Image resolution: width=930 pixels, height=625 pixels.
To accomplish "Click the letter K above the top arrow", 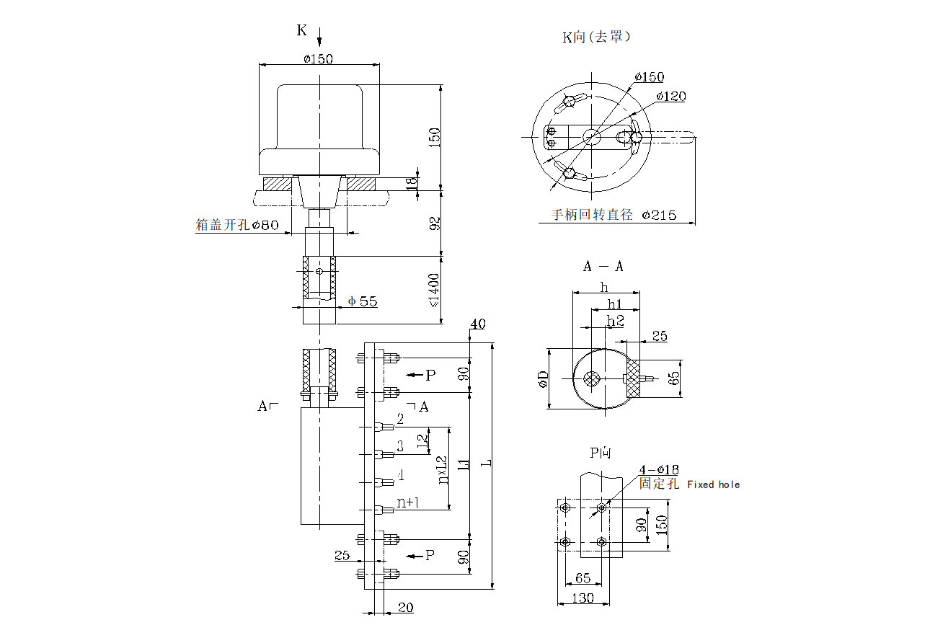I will click(x=302, y=30).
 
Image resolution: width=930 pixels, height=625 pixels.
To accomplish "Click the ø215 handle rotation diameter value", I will click(x=659, y=215).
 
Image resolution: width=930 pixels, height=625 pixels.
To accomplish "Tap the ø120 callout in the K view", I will click(x=671, y=96).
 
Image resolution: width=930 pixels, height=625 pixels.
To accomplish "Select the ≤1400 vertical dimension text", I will click(x=435, y=291).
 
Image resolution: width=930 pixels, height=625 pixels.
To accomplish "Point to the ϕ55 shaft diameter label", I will click(x=363, y=301).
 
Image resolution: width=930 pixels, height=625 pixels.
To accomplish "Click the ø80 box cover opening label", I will click(x=265, y=225).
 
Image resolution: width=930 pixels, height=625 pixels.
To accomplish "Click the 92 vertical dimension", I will click(x=435, y=223).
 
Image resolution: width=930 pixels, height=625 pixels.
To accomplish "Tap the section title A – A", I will click(x=603, y=267).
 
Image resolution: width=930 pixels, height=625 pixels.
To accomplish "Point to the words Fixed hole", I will click(x=713, y=484).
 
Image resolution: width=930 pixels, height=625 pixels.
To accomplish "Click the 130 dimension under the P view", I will click(x=583, y=598).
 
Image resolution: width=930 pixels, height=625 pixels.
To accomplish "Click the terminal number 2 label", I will click(x=400, y=420).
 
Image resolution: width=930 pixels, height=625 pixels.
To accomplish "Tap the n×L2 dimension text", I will click(x=442, y=469).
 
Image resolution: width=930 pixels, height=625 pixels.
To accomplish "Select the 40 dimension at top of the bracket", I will click(x=477, y=324).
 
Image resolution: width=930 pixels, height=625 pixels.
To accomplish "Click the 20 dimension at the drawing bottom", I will click(x=406, y=608).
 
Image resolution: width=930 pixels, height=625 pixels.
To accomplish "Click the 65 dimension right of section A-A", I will click(x=673, y=378).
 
